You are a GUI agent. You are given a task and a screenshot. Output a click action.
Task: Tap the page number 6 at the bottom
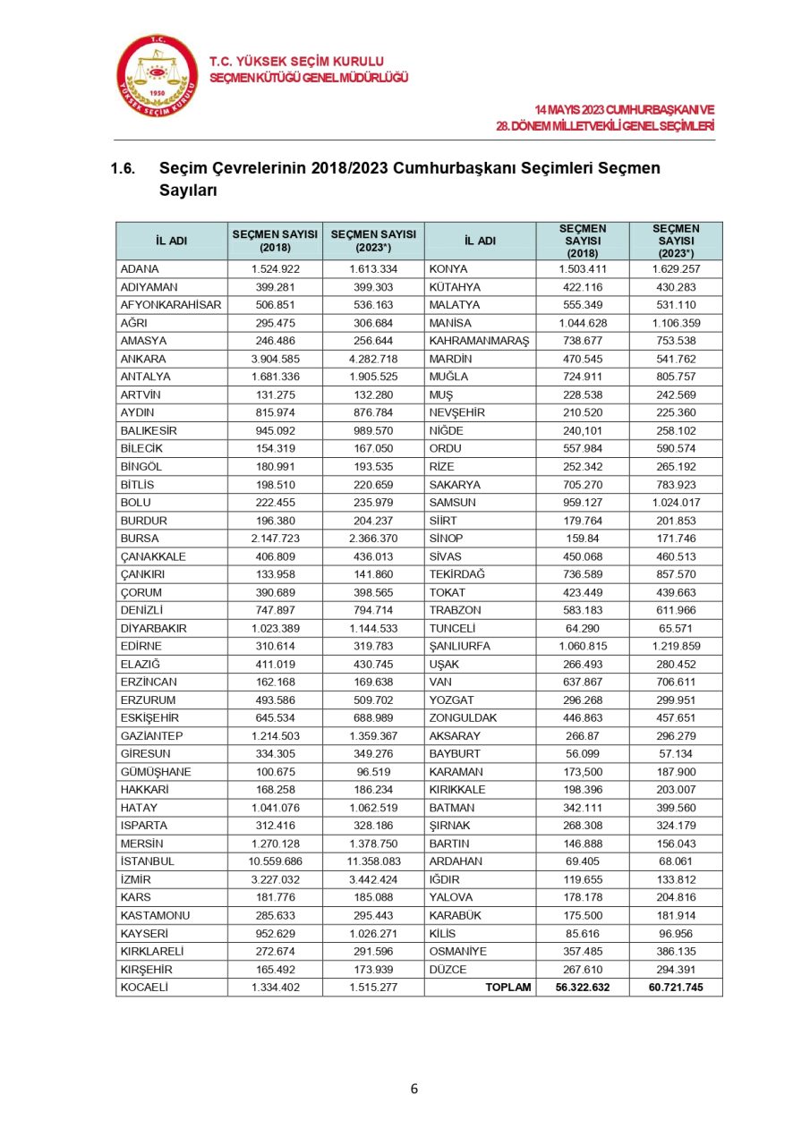pyautogui.click(x=414, y=1089)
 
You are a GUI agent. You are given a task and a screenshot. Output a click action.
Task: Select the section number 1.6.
pyautogui.click(x=123, y=168)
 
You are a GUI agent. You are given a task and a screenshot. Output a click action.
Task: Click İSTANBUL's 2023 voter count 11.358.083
pyautogui.click(x=373, y=861)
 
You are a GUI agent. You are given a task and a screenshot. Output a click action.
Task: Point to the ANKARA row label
pyautogui.click(x=139, y=359)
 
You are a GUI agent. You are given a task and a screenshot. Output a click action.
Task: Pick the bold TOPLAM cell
pyautogui.click(x=507, y=988)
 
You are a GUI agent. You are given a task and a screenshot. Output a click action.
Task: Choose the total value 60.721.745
pyautogui.click(x=676, y=988)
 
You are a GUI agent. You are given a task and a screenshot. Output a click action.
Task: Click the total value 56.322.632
pyautogui.click(x=582, y=988)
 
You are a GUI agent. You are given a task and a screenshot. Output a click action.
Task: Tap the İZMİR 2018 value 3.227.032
pyautogui.click(x=276, y=879)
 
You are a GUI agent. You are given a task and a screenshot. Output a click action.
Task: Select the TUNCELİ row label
pyautogui.click(x=452, y=628)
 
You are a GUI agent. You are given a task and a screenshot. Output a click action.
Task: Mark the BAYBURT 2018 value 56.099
pyautogui.click(x=582, y=754)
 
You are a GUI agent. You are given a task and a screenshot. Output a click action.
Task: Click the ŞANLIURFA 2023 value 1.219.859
pyautogui.click(x=676, y=646)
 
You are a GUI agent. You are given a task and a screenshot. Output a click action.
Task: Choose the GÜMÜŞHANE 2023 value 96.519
pyautogui.click(x=373, y=772)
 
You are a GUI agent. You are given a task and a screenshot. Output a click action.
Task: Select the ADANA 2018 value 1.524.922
pyautogui.click(x=276, y=269)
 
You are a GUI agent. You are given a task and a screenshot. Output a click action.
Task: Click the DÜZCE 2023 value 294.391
pyautogui.click(x=676, y=970)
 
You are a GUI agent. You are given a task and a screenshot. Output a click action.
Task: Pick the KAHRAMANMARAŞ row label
pyautogui.click(x=480, y=341)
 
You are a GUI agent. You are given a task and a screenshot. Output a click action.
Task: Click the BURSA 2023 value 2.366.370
pyautogui.click(x=373, y=539)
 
